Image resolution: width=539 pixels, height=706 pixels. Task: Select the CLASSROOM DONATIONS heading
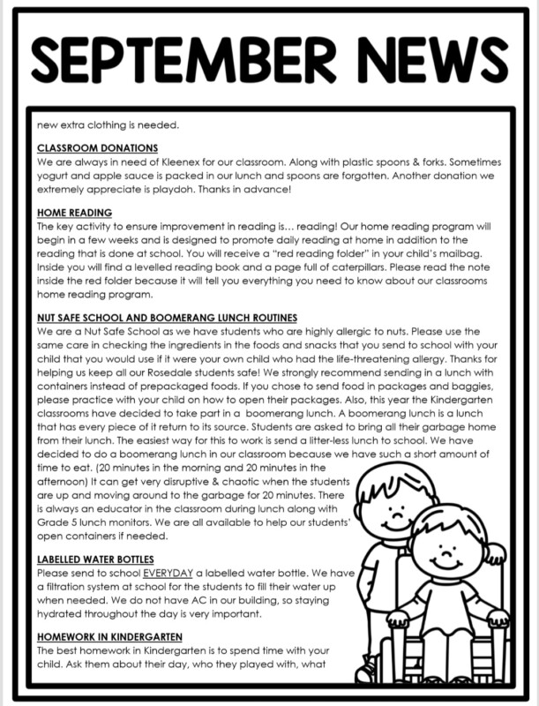pos(98,148)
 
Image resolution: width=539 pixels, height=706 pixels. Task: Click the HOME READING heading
pos(75,213)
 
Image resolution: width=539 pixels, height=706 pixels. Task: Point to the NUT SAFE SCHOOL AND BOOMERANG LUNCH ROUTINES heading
pos(168,317)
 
